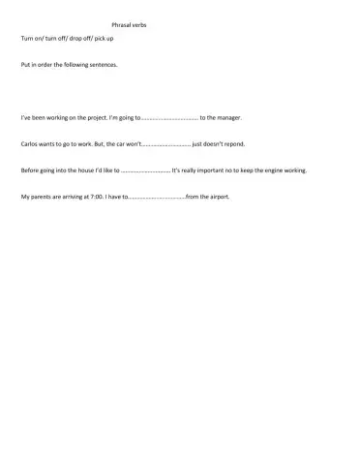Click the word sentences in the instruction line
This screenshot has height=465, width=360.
pos(113,66)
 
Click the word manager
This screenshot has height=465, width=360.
pos(225,117)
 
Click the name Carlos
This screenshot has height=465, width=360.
pos(29,143)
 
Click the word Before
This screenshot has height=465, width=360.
pos(30,170)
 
